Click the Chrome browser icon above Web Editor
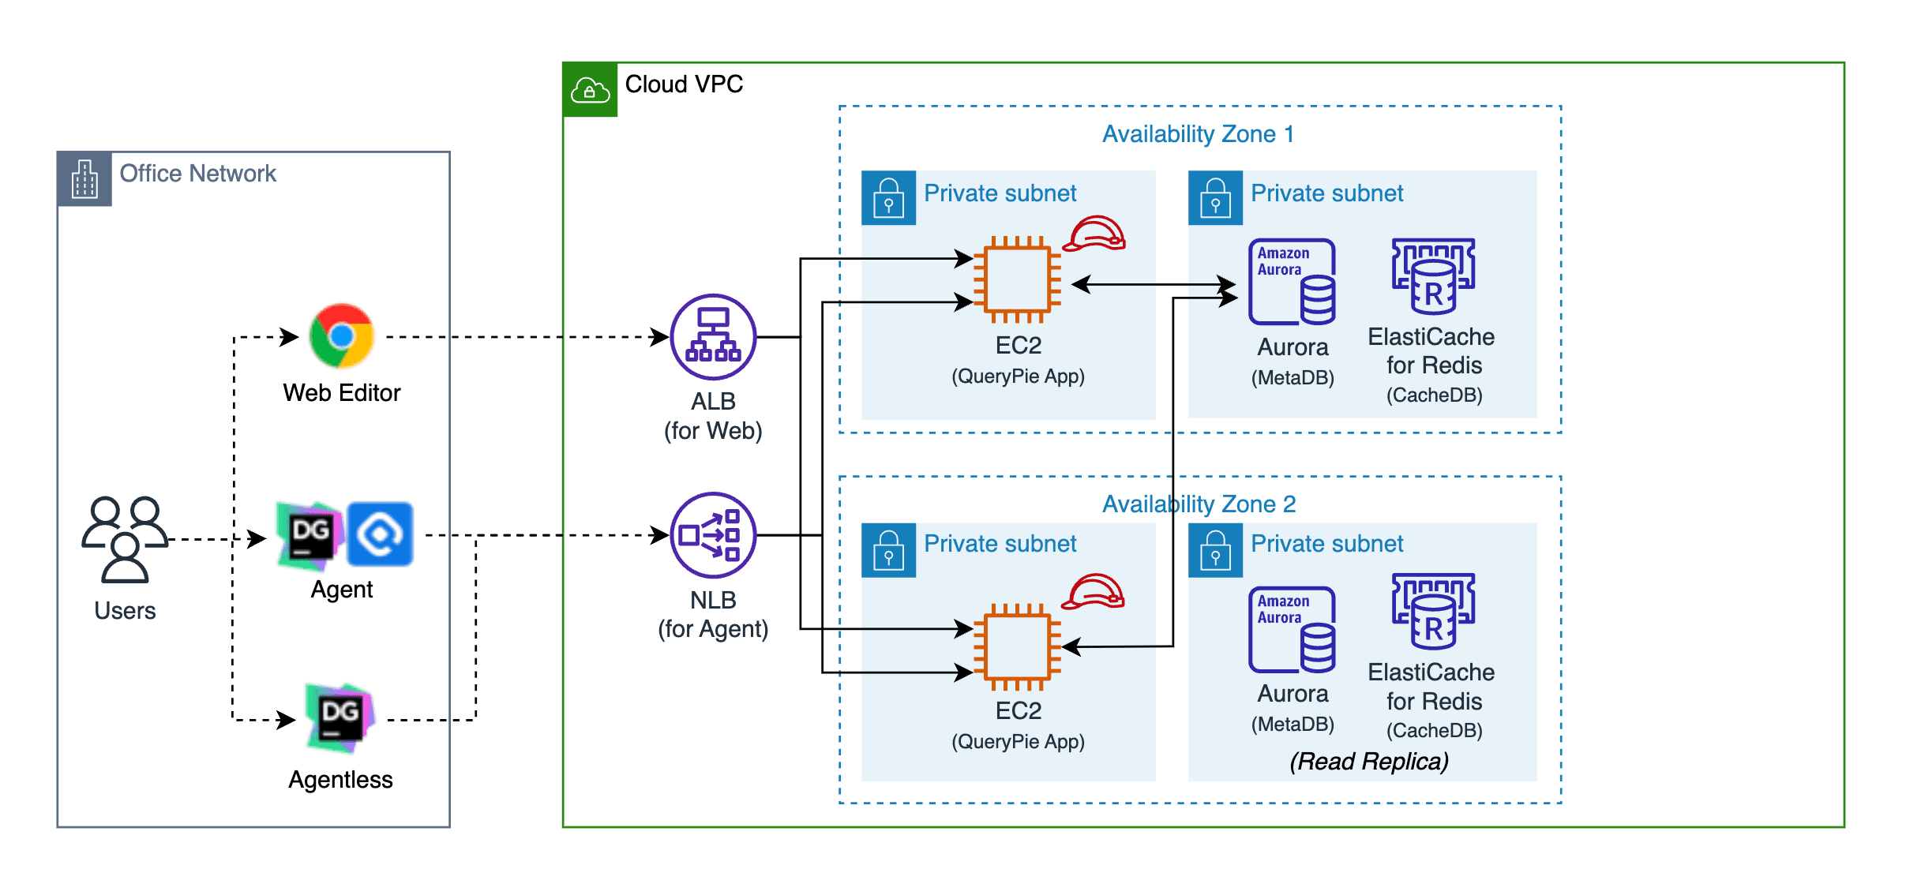click(x=341, y=336)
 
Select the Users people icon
click(x=125, y=539)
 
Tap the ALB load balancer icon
click(x=713, y=337)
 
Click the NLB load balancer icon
click(x=713, y=535)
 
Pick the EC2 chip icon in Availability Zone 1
click(x=1017, y=279)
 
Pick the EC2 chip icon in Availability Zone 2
click(x=1017, y=646)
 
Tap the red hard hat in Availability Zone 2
click(x=1094, y=592)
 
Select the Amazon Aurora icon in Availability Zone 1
click(x=1292, y=282)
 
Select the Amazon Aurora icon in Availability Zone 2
click(x=1292, y=629)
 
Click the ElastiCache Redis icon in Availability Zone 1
click(x=1433, y=276)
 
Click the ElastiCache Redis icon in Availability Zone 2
click(x=1433, y=611)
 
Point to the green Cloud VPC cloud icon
click(x=590, y=90)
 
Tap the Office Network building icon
click(x=84, y=179)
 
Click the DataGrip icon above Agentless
click(x=340, y=717)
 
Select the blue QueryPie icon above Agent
click(x=380, y=534)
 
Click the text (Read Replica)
click(x=1368, y=761)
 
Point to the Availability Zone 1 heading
click(x=1198, y=134)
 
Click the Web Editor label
click(x=341, y=392)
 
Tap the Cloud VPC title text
click(x=684, y=84)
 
